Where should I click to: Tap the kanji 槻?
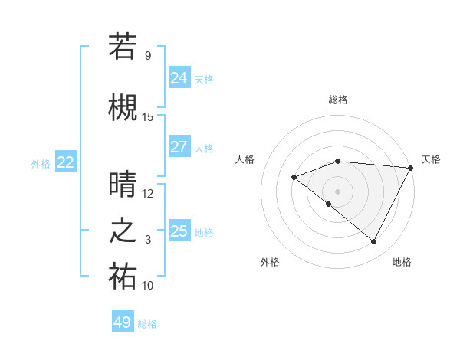(x=123, y=108)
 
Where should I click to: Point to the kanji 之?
(x=123, y=231)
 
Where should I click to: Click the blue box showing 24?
(x=179, y=77)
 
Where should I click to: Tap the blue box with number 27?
(x=179, y=147)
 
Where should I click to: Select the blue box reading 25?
(x=179, y=231)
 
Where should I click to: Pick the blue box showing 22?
(x=66, y=162)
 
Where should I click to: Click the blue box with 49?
(x=123, y=322)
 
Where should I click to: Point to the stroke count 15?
(x=148, y=117)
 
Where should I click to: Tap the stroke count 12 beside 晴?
(x=148, y=193)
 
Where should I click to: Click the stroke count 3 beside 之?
(x=148, y=240)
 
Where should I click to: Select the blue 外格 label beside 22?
(x=41, y=163)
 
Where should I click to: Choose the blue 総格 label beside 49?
(x=147, y=324)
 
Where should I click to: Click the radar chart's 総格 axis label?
(x=337, y=100)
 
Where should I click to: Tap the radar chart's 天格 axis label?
(x=431, y=159)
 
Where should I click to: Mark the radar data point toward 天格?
(x=411, y=168)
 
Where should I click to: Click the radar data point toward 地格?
(x=373, y=241)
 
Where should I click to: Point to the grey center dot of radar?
(x=337, y=191)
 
